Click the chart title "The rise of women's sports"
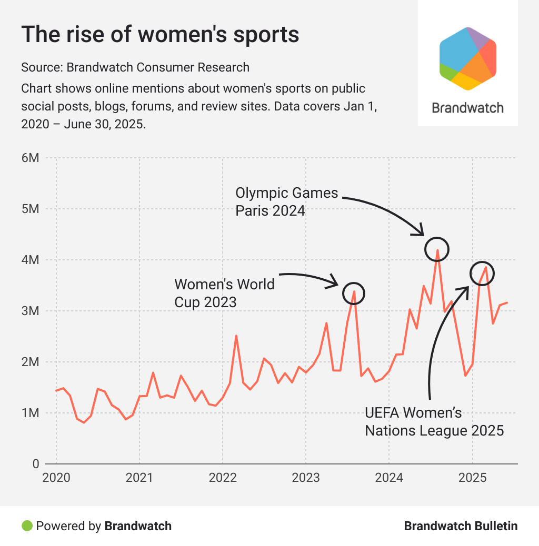[160, 35]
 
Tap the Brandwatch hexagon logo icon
[468, 58]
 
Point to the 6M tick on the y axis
[31, 158]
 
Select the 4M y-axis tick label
[31, 260]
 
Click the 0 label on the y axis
[35, 464]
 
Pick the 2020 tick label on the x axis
[56, 478]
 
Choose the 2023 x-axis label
[305, 478]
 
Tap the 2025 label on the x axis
[472, 478]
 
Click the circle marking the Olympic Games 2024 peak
[437, 249]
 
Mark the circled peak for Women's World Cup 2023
[353, 293]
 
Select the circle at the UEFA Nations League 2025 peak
[482, 273]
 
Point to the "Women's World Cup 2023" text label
[224, 293]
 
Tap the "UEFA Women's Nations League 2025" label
[434, 421]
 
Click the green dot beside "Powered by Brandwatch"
[27, 525]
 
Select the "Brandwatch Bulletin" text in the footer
[461, 525]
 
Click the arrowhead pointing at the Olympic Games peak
[420, 231]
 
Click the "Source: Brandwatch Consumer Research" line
[135, 67]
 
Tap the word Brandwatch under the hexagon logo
[467, 108]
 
